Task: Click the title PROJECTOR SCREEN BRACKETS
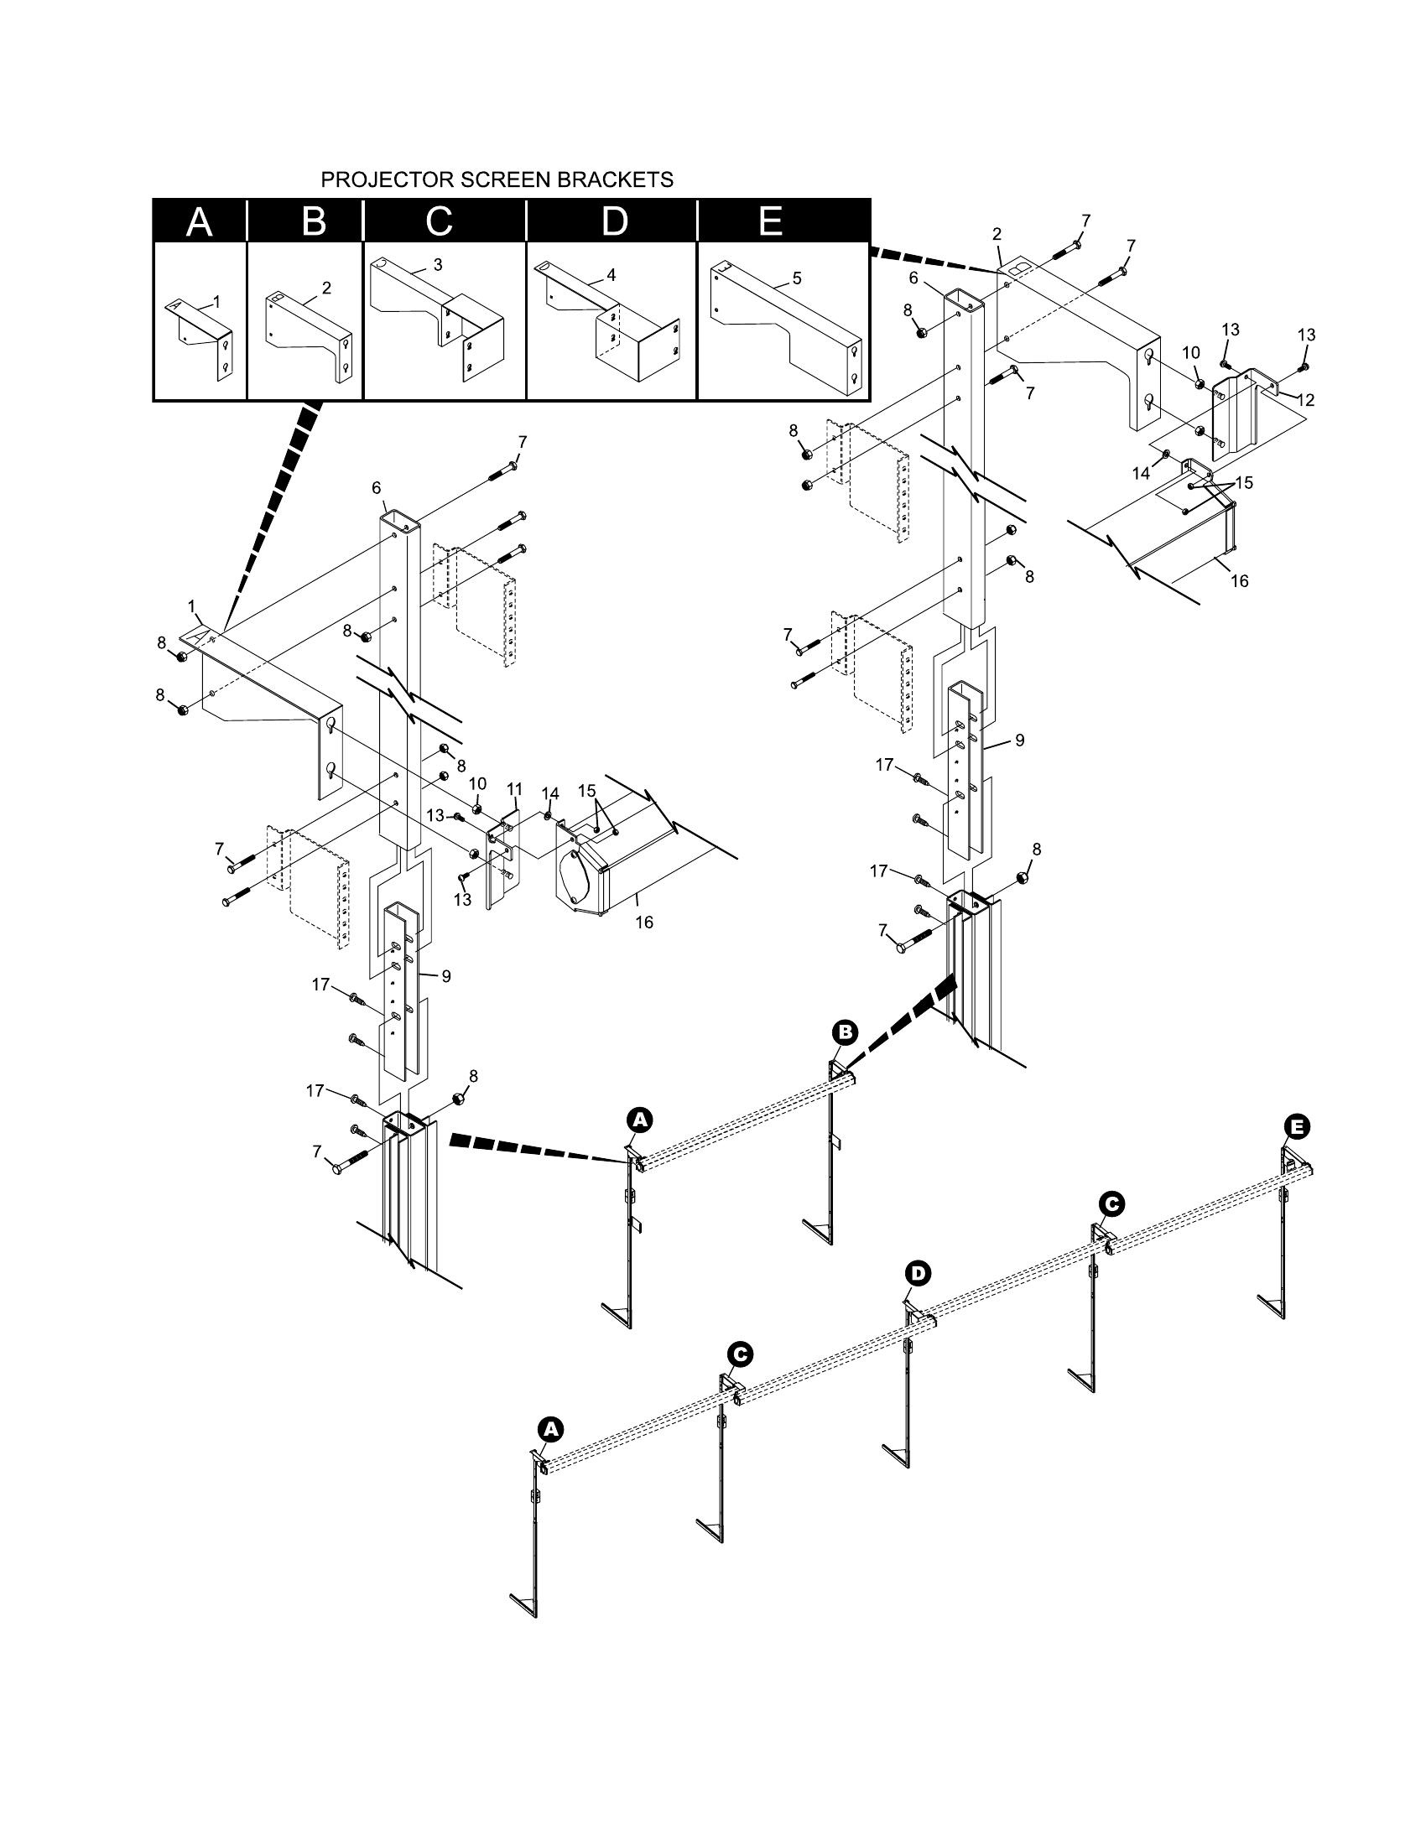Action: coord(497,180)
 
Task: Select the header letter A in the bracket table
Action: coord(200,222)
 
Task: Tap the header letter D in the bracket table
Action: coord(614,222)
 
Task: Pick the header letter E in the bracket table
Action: coord(769,221)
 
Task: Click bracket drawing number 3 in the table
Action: coord(438,264)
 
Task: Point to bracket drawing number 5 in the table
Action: coord(797,278)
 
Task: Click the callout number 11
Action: coord(515,789)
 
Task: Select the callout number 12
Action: coord(1306,399)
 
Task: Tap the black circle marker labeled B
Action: coord(845,1032)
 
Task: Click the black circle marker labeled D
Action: coord(918,1273)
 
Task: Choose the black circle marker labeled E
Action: coord(1297,1126)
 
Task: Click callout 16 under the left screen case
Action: coord(643,922)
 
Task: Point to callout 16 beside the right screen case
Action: coord(1239,581)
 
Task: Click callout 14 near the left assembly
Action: coord(550,793)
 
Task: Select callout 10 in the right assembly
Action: coord(1190,352)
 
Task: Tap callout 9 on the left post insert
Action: coord(446,976)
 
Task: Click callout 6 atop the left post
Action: coord(376,487)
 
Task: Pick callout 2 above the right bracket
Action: coord(997,234)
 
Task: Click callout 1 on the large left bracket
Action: coord(192,605)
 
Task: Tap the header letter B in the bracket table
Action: coord(314,222)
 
